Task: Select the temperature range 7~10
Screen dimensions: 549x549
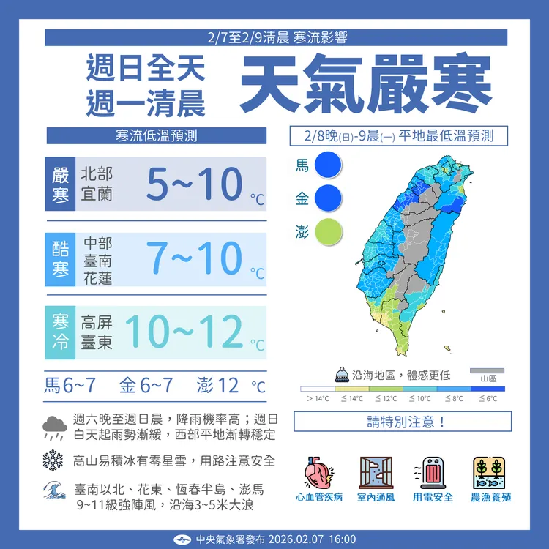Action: coord(193,257)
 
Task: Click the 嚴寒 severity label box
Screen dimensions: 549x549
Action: coord(60,184)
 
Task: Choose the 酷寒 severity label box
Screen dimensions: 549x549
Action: coord(60,258)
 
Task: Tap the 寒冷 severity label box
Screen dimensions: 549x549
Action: coord(60,332)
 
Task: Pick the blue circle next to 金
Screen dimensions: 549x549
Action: coord(328,198)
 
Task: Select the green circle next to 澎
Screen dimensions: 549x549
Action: coord(328,231)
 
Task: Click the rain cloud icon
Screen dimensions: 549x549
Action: coord(55,427)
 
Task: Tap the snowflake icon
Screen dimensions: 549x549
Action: coord(53,460)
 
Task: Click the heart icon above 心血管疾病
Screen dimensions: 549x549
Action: coord(319,472)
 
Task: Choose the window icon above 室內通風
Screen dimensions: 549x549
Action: coord(376,472)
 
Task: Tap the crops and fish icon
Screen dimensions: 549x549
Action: coord(490,472)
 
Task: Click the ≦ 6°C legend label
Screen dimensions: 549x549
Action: coord(488,398)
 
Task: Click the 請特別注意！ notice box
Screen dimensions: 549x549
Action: coord(402,422)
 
